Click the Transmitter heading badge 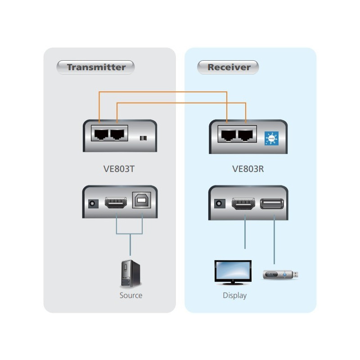click(x=96, y=67)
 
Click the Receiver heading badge click(x=228, y=67)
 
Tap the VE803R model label click(x=248, y=170)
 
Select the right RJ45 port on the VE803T click(x=117, y=134)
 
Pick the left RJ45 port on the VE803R click(x=227, y=134)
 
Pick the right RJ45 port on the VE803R click(x=246, y=134)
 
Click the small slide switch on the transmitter click(x=144, y=138)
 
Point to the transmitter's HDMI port click(x=116, y=203)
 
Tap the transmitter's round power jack click(x=93, y=203)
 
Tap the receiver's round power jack click(x=220, y=203)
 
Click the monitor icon click(x=233, y=272)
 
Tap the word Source click(x=131, y=296)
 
